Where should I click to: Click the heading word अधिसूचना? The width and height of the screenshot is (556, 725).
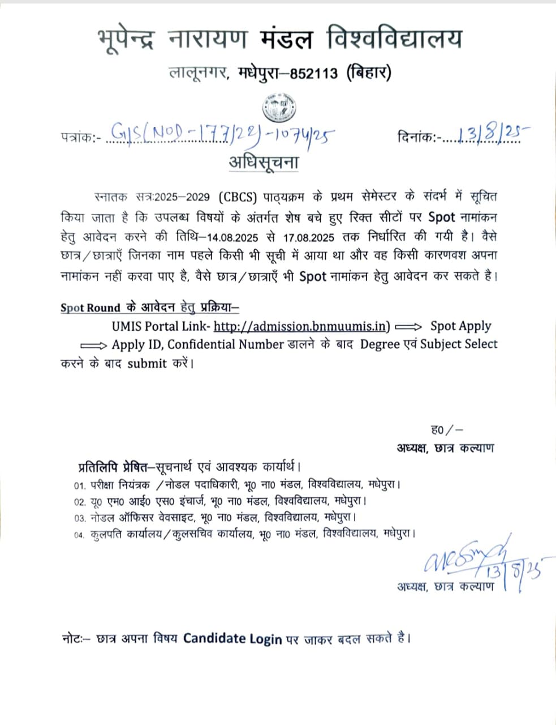coord(264,162)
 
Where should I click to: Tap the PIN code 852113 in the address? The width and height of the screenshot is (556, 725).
coord(313,74)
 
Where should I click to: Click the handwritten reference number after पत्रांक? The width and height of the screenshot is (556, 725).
coord(221,135)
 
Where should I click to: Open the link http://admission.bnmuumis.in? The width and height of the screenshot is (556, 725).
coord(301,326)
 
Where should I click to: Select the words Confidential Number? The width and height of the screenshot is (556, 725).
coord(226,344)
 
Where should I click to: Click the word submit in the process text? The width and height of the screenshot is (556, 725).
coord(147,364)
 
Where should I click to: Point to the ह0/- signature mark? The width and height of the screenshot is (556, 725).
coord(447,430)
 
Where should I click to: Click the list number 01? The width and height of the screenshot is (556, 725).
coord(79,486)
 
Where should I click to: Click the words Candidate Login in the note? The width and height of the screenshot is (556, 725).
coord(232,639)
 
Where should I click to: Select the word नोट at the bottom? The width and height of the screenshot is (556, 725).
coord(72,639)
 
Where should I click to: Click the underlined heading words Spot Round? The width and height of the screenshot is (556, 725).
coord(90,308)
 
